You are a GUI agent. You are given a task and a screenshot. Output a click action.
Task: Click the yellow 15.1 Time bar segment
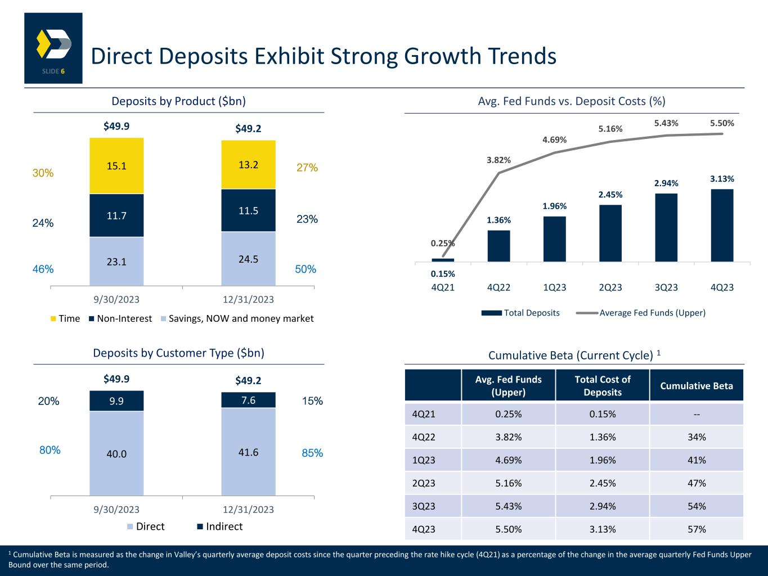pos(116,166)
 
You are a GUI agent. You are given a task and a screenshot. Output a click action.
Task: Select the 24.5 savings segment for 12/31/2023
pos(248,259)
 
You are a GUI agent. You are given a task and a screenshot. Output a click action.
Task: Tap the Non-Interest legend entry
pos(119,318)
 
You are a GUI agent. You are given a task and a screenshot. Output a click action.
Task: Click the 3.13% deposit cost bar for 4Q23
pos(722,225)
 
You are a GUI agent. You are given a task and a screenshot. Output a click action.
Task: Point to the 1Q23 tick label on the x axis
pos(554,287)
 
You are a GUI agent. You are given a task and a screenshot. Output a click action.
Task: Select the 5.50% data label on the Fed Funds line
pos(722,123)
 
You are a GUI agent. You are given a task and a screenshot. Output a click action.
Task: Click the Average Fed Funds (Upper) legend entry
pos(646,313)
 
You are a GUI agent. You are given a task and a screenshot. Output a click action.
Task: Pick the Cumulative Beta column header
pos(697,386)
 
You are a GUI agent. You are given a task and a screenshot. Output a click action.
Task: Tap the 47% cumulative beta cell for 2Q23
pos(697,483)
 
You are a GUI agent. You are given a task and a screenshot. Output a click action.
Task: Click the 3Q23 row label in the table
pos(424,506)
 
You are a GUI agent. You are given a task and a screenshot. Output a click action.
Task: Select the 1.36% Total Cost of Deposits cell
pos(602,437)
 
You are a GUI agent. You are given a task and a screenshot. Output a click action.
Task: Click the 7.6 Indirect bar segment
pos(248,400)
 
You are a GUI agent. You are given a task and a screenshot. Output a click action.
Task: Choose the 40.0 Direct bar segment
pos(116,453)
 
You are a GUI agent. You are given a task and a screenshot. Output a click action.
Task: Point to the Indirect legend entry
pos(219,526)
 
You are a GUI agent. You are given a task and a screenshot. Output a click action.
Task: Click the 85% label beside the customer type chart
pos(312,453)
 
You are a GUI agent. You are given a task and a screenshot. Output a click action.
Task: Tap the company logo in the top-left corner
pos(53,48)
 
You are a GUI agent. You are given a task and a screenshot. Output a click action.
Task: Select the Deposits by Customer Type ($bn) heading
pos(178,353)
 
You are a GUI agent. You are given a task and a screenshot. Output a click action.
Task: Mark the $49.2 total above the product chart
pos(248,129)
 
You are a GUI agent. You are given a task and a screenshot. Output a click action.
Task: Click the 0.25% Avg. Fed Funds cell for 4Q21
pos(508,414)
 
